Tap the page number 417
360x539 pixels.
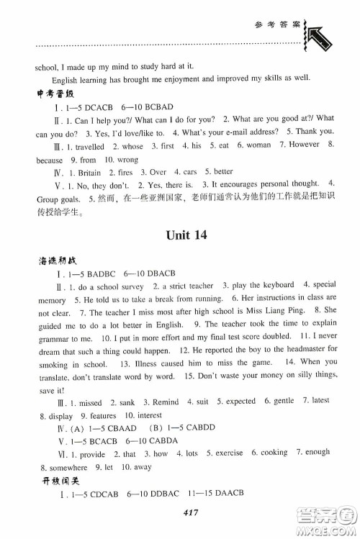[x=181, y=512]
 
